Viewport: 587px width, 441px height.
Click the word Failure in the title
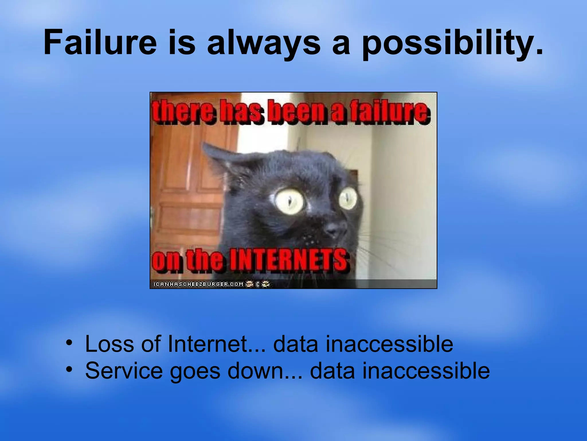click(100, 42)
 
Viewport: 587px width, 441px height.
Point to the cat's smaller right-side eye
click(348, 198)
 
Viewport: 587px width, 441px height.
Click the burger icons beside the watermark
click(257, 284)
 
